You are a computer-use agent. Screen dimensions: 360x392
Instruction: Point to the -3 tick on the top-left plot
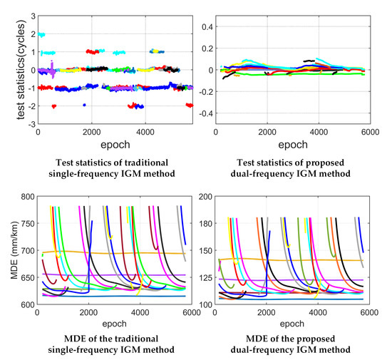coord(29,123)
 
